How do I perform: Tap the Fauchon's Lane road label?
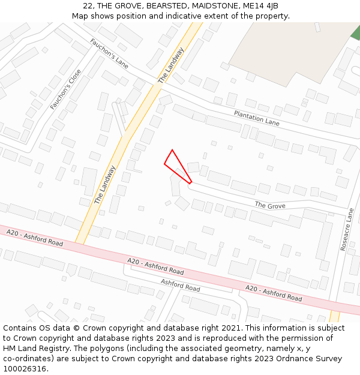point(109,53)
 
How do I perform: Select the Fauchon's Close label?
point(65,89)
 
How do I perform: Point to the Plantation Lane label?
point(257,118)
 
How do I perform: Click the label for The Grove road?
point(270,205)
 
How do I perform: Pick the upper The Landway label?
point(170,65)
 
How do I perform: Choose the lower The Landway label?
point(104,185)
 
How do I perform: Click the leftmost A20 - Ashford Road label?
point(35,238)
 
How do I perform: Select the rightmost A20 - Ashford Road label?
point(274,293)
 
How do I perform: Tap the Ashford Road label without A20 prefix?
point(180,285)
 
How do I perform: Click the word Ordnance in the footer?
point(270,359)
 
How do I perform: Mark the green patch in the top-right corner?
point(355,32)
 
